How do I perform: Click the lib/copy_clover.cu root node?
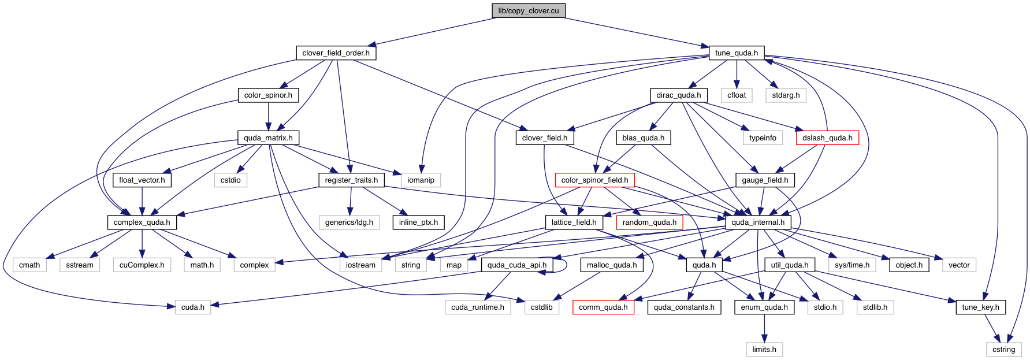(528, 10)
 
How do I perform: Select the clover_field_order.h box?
(336, 53)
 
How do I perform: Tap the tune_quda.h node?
(736, 53)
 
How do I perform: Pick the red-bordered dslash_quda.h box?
(827, 138)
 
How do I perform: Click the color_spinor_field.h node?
(594, 180)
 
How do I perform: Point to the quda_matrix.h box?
(267, 138)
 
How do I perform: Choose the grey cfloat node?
(737, 95)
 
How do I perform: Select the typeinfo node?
(763, 138)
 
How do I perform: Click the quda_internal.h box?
(758, 222)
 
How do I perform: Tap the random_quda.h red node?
(649, 222)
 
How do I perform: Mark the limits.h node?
(764, 349)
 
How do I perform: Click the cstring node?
(1003, 349)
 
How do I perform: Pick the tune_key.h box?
(980, 307)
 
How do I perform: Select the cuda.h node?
(193, 307)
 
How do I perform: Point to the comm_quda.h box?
(603, 307)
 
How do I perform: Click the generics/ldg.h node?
(349, 222)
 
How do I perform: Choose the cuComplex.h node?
(142, 265)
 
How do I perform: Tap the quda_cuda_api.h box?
(516, 265)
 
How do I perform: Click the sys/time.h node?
(851, 265)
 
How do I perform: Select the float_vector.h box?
(142, 180)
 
